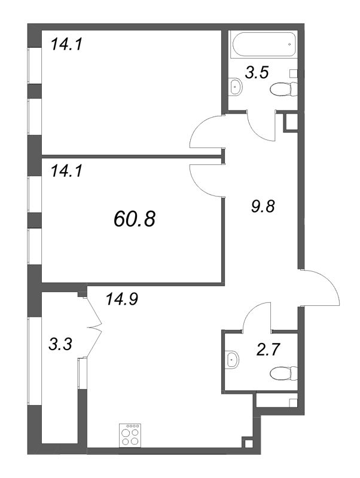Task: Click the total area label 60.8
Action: click(x=135, y=219)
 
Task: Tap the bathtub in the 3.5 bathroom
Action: click(x=264, y=44)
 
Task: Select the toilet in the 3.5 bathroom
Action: click(x=283, y=89)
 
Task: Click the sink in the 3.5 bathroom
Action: click(x=235, y=87)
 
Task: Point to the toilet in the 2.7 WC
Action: click(x=283, y=373)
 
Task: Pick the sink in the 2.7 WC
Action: click(x=232, y=360)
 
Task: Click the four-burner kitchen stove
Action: click(x=130, y=436)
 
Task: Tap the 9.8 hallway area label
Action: click(x=263, y=206)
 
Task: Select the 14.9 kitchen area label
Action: click(x=122, y=299)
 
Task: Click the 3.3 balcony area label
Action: click(x=60, y=345)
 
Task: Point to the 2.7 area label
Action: click(x=269, y=350)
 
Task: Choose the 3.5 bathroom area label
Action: click(x=257, y=73)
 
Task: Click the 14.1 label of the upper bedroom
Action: click(x=66, y=44)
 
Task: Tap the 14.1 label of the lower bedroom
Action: click(x=66, y=171)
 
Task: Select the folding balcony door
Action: click(x=94, y=327)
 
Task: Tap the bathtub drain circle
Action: click(x=289, y=44)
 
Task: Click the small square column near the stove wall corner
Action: click(x=249, y=443)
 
